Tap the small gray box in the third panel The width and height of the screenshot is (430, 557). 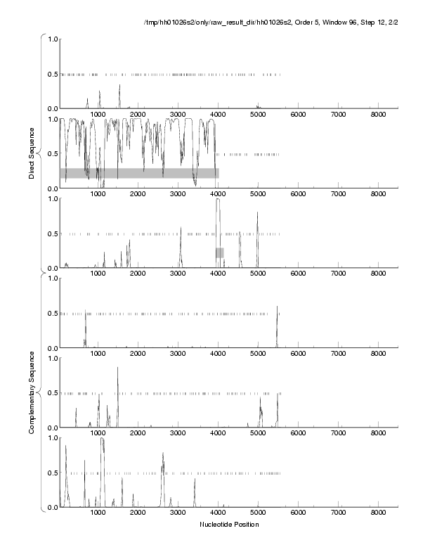[220, 252]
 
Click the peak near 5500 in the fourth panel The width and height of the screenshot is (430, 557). [278, 308]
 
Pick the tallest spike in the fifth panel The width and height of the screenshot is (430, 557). [117, 369]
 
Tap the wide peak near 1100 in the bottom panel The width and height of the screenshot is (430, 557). [103, 440]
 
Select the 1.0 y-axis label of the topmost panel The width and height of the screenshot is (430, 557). [51, 39]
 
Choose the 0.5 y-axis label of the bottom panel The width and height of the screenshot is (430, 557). [51, 473]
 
